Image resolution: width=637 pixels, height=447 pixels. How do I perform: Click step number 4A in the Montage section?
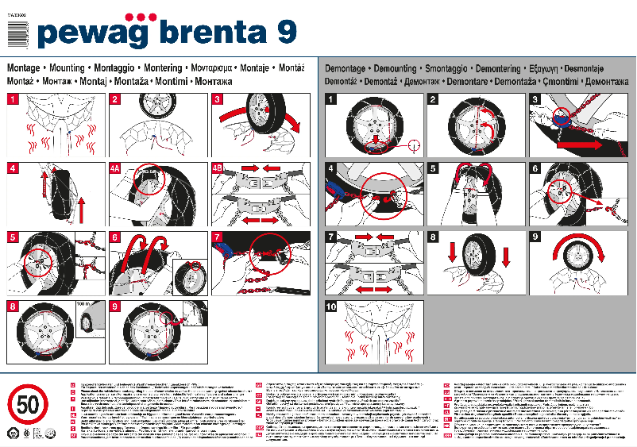click(x=117, y=168)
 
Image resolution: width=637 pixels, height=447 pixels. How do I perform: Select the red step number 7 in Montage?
click(x=218, y=237)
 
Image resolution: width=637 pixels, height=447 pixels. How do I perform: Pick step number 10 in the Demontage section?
click(x=331, y=306)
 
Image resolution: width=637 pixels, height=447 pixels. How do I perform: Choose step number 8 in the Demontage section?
click(x=433, y=237)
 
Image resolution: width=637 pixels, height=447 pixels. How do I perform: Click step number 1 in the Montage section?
click(x=14, y=99)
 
